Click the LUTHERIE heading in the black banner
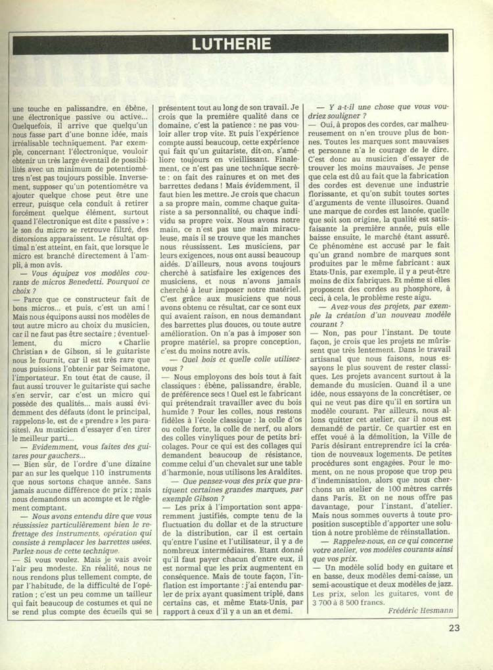coord(233,43)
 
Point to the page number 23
coord(454,628)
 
